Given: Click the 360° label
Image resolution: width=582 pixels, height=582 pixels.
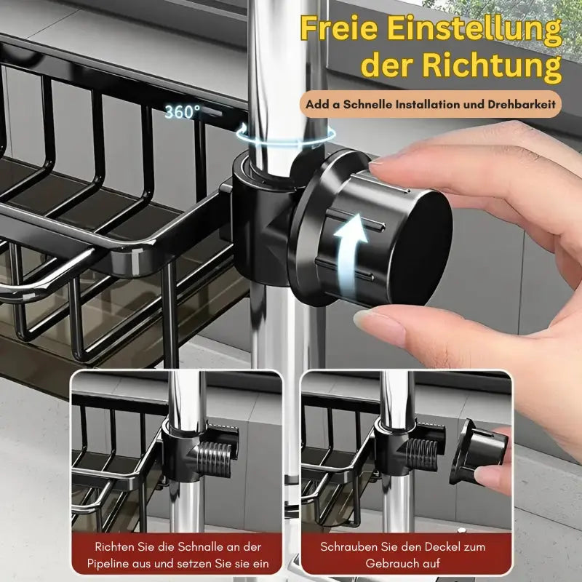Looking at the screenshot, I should pos(181,112).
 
